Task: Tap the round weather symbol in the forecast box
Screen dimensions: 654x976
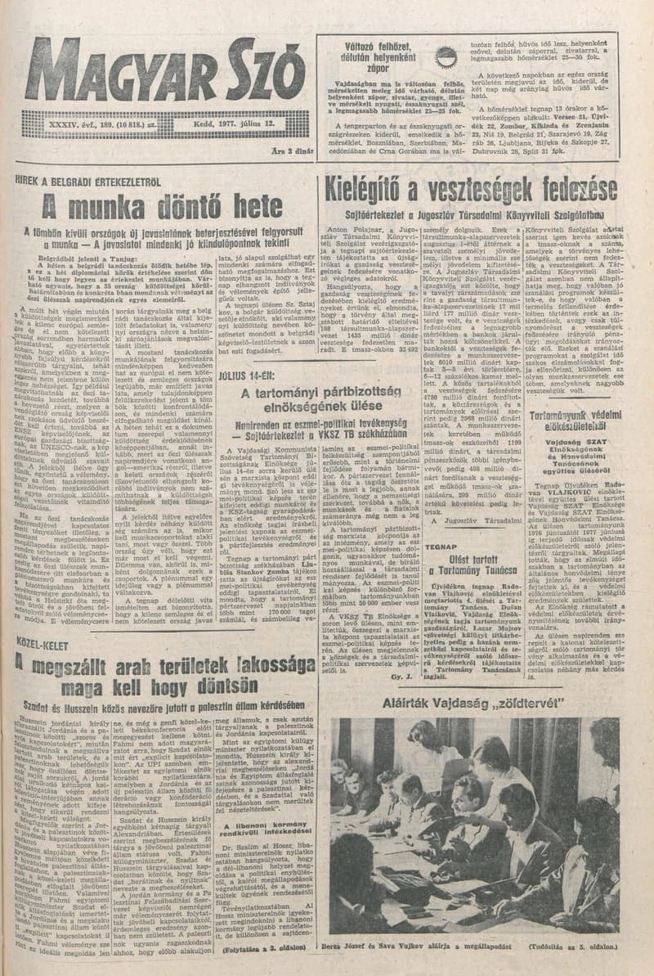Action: [446, 57]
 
